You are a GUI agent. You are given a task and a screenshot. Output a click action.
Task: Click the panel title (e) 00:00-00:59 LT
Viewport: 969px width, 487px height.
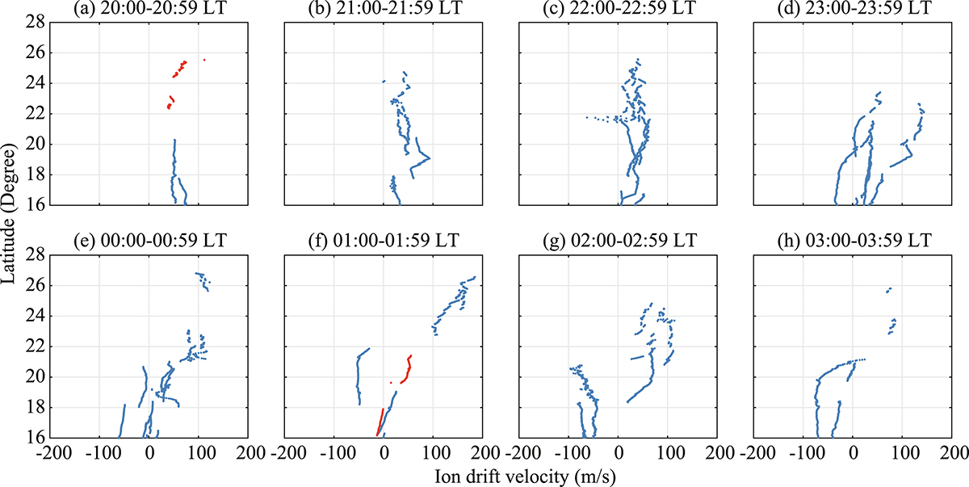point(149,241)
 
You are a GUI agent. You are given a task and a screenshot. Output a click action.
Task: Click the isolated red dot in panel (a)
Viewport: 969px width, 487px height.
point(204,59)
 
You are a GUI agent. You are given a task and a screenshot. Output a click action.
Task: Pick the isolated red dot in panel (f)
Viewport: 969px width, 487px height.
point(391,383)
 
